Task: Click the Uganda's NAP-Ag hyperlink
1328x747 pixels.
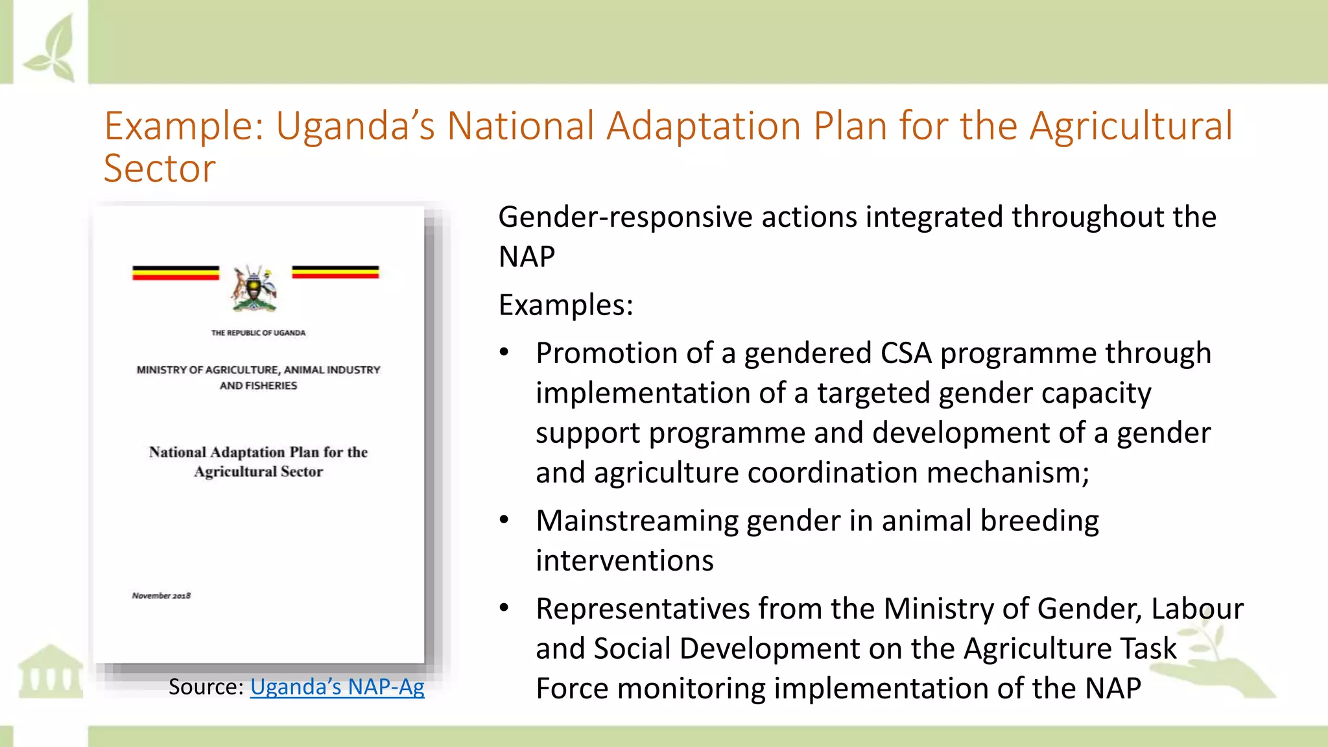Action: tap(337, 687)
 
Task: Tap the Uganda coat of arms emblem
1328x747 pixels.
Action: tap(254, 289)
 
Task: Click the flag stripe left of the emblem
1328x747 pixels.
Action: tap(176, 273)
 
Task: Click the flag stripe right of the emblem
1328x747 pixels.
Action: tap(335, 272)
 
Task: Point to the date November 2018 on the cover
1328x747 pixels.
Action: tap(161, 595)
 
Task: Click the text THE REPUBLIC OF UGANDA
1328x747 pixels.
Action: tap(258, 333)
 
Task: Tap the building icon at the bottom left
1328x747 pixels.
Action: tap(51, 671)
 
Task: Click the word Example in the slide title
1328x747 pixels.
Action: tap(179, 126)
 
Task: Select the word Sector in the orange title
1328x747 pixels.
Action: tap(160, 169)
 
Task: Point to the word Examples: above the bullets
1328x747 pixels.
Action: tap(565, 305)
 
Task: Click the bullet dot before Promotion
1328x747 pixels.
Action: tap(504, 353)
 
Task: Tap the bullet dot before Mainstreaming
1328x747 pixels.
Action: tap(504, 520)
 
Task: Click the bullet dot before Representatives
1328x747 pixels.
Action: tap(504, 608)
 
